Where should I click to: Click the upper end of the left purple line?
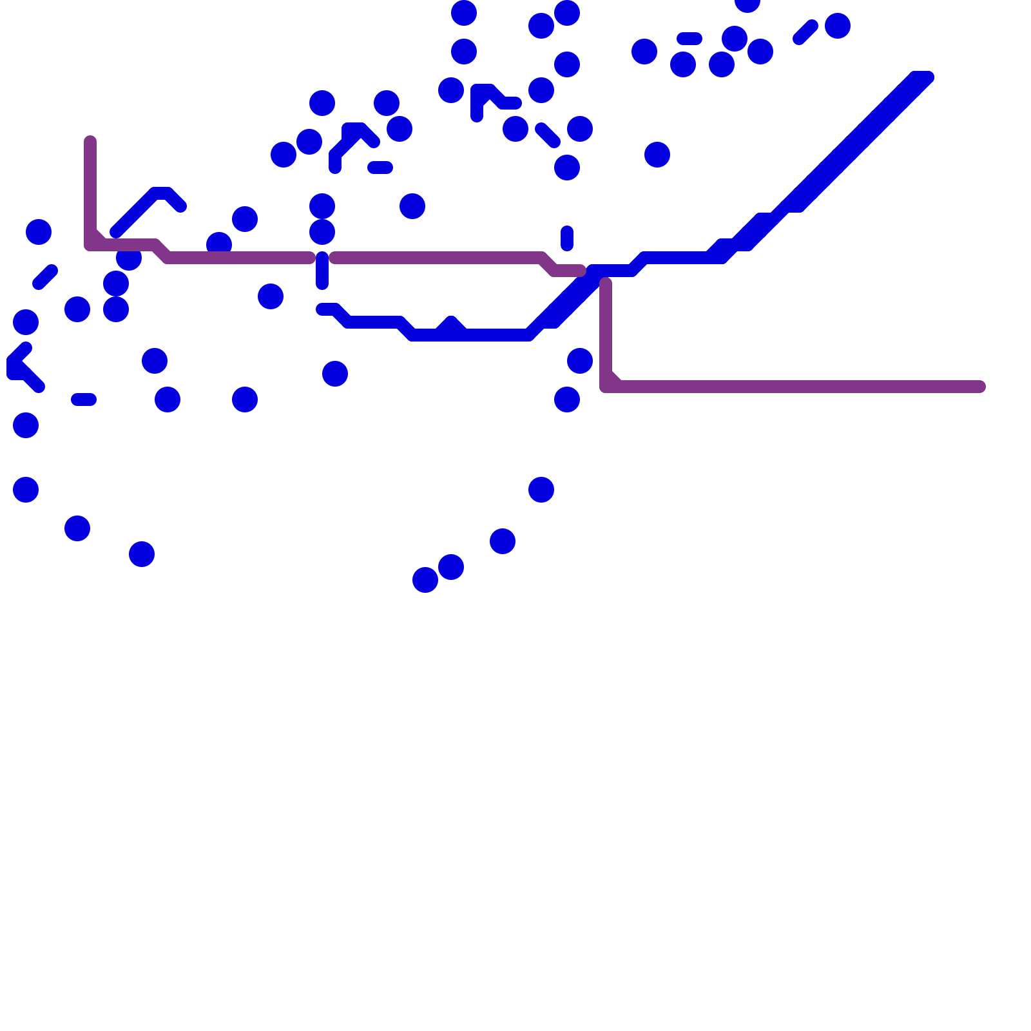[90, 141]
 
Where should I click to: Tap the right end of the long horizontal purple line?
[980, 387]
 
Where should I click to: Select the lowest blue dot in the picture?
[425, 580]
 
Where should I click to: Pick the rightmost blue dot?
[838, 26]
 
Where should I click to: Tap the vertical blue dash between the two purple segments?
[322, 271]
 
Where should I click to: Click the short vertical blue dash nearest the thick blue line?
[567, 238]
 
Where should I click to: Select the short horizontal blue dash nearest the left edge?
[84, 400]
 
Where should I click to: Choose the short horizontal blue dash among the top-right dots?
[689, 39]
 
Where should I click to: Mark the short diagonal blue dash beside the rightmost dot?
[805, 32]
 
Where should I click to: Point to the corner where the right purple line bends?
[606, 386]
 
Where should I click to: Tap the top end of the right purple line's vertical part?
[606, 283]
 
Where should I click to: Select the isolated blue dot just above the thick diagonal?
[657, 155]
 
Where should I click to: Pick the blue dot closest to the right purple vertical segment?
[580, 361]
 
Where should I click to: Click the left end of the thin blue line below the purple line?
[321, 309]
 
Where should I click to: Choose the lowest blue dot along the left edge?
[26, 490]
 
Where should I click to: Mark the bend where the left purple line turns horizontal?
[91, 244]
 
